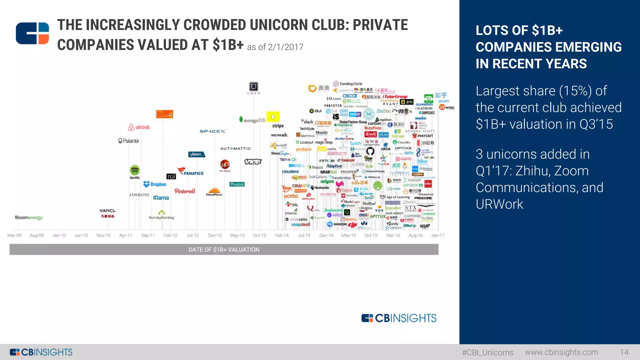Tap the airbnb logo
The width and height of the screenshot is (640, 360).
click(x=139, y=127)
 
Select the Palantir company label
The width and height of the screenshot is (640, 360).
click(x=129, y=141)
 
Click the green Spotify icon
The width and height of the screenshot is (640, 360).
click(x=135, y=170)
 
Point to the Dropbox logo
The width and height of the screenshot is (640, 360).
click(x=155, y=184)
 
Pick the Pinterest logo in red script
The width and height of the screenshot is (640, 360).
click(x=185, y=191)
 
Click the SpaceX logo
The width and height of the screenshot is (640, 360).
click(x=212, y=131)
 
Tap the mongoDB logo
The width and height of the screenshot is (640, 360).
click(x=252, y=120)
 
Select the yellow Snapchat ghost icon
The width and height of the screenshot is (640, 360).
click(x=273, y=117)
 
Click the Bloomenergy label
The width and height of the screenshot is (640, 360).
click(x=29, y=217)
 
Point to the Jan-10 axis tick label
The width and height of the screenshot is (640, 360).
click(x=59, y=235)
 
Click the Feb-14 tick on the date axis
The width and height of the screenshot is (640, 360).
click(x=282, y=235)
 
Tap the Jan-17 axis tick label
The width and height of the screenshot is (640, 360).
click(x=437, y=235)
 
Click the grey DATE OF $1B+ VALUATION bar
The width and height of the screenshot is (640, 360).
click(x=224, y=249)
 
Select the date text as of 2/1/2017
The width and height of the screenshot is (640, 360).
click(x=275, y=47)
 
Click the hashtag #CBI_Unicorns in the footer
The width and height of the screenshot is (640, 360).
click(x=487, y=352)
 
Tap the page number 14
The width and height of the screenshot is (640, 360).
click(x=624, y=352)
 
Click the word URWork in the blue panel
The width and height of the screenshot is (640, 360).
click(x=499, y=204)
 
